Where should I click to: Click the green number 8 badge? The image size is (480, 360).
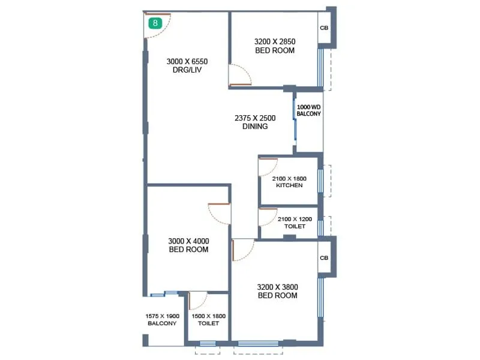point(155,23)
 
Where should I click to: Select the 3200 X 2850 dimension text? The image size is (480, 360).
point(275,41)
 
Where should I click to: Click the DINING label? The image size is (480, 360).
point(255,127)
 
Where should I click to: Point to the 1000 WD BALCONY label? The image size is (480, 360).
point(309,110)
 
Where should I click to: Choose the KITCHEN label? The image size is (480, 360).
point(289,185)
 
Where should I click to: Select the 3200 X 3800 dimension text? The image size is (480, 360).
point(277,287)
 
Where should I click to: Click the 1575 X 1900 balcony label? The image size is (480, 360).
point(162,320)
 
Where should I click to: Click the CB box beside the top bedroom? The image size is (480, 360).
point(324,28)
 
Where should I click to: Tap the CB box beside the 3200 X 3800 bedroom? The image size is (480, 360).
point(324,258)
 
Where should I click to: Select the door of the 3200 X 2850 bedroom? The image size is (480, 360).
point(239,74)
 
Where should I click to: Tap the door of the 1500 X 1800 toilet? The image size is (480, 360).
point(197,300)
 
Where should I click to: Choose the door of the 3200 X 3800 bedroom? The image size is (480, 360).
point(242,250)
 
